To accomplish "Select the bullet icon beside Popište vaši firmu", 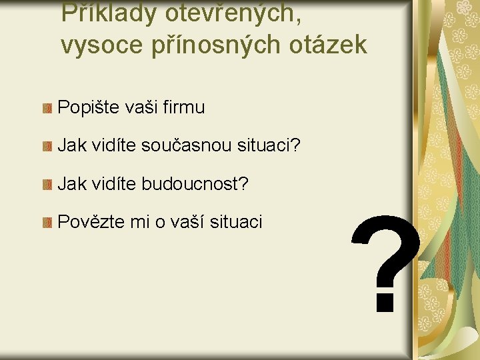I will (47, 108).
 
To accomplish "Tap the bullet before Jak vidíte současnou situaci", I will (47, 146).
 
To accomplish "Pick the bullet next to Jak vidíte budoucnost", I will (47, 184).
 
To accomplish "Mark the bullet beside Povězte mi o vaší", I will (47, 223).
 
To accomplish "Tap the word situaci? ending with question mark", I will (276, 145).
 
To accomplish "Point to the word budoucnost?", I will (195, 183).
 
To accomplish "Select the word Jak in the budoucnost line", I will (70, 183).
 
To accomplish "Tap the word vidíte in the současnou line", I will (111, 145).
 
